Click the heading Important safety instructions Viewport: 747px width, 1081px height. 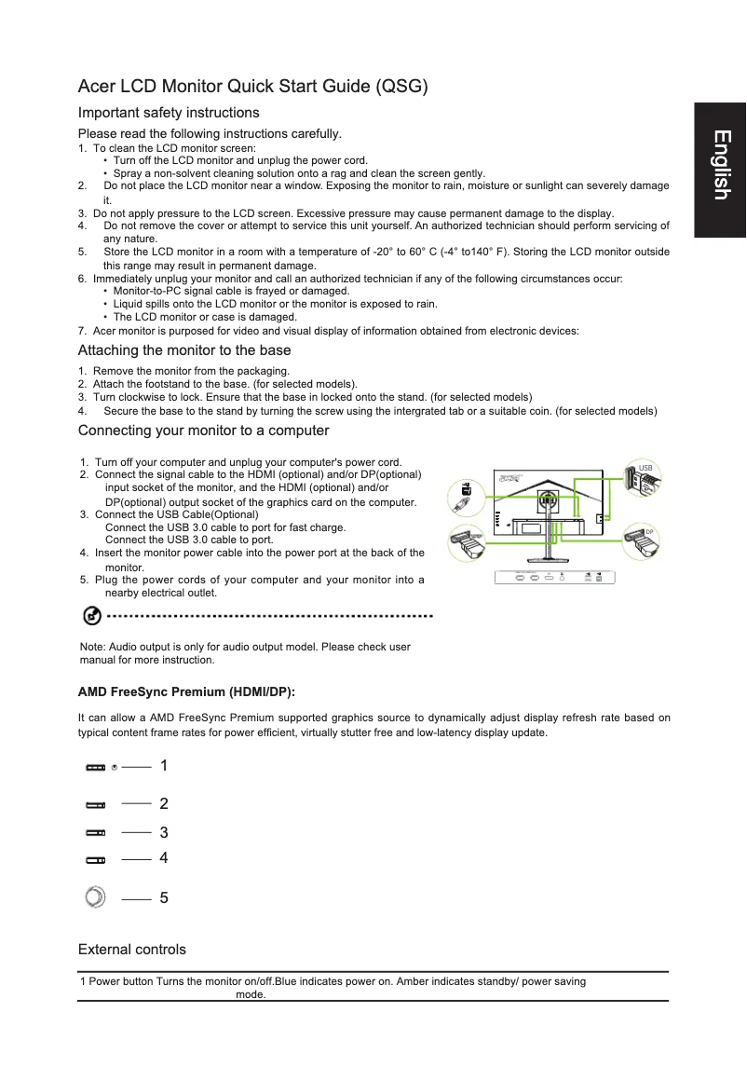pyautogui.click(x=169, y=113)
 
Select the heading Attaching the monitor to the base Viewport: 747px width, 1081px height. pyautogui.click(x=184, y=350)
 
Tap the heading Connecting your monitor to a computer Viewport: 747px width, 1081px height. pyautogui.click(x=203, y=431)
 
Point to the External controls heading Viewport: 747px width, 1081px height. pyautogui.click(x=131, y=950)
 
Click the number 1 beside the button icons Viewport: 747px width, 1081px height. pyautogui.click(x=164, y=766)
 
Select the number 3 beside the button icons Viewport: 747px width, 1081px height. pyautogui.click(x=164, y=832)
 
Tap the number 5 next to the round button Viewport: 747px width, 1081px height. pyautogui.click(x=164, y=898)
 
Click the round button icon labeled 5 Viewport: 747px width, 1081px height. pyautogui.click(x=95, y=897)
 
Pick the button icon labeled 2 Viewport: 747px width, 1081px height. pyautogui.click(x=96, y=803)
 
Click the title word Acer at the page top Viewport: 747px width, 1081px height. pyautogui.click(x=96, y=88)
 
